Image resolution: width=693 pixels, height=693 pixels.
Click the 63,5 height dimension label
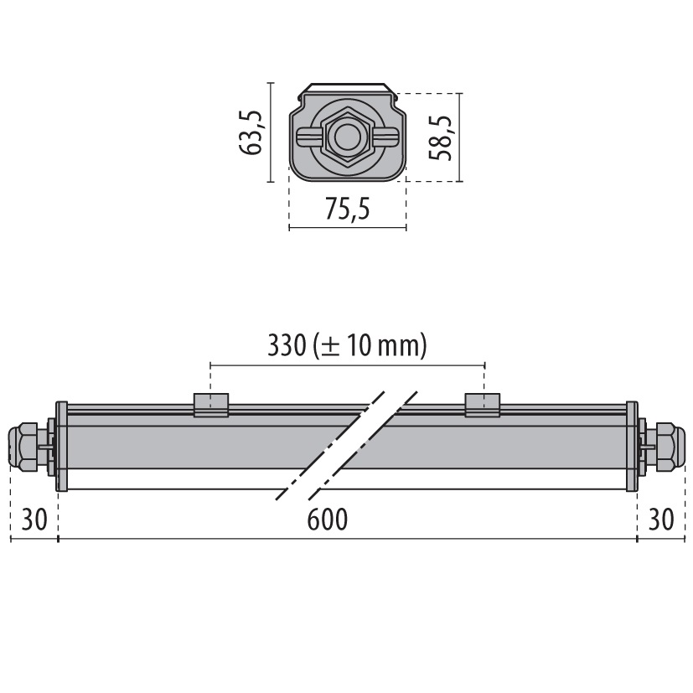(251, 132)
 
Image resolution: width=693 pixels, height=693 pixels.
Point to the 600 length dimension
(327, 520)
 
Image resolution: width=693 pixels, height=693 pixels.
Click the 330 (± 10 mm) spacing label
(347, 345)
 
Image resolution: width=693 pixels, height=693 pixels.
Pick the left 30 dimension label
(34, 520)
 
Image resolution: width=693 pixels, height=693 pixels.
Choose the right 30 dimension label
(661, 520)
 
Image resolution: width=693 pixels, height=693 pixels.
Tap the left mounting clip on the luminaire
(211, 405)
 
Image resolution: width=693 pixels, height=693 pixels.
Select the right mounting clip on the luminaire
(484, 405)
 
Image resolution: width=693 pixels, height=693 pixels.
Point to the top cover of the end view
(347, 88)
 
